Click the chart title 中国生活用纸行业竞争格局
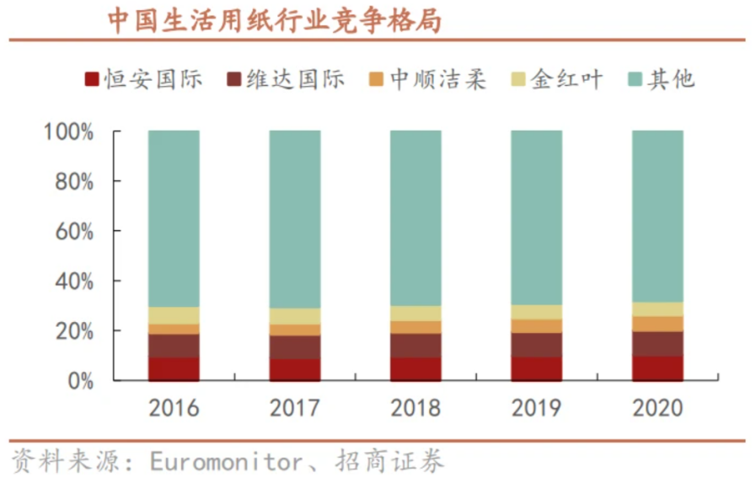tap(274, 20)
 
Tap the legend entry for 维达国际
tap(286, 79)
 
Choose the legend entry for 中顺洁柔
tap(427, 79)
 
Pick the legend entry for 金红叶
tap(558, 79)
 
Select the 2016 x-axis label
tap(174, 409)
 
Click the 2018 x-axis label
tap(416, 409)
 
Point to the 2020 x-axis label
tap(657, 409)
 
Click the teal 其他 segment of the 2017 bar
tap(295, 219)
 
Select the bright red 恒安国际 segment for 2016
tap(174, 369)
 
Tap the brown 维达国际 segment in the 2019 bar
tap(536, 345)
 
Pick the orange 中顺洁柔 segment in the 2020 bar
tap(657, 324)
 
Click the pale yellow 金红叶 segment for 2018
tap(416, 314)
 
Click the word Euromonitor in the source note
tap(225, 461)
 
